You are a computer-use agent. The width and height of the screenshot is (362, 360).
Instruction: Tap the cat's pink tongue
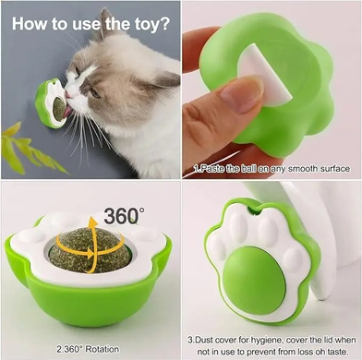[x=67, y=112]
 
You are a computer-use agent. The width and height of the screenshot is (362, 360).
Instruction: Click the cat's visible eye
[x=95, y=92]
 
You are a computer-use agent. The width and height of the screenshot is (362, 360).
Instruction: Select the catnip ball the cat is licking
[x=59, y=108]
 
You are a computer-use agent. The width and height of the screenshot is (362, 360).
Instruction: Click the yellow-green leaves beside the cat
[x=28, y=150]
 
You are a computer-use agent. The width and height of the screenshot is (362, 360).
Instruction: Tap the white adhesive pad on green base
[x=266, y=75]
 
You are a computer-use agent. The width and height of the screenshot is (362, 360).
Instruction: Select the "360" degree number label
[x=121, y=216]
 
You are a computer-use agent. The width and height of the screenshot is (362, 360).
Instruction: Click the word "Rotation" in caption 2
[x=102, y=349]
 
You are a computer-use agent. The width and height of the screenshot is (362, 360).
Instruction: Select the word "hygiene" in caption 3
[x=268, y=341]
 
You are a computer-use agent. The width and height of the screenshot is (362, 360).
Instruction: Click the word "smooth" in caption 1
[x=296, y=169]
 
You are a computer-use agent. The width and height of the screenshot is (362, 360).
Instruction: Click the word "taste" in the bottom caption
[x=338, y=351]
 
